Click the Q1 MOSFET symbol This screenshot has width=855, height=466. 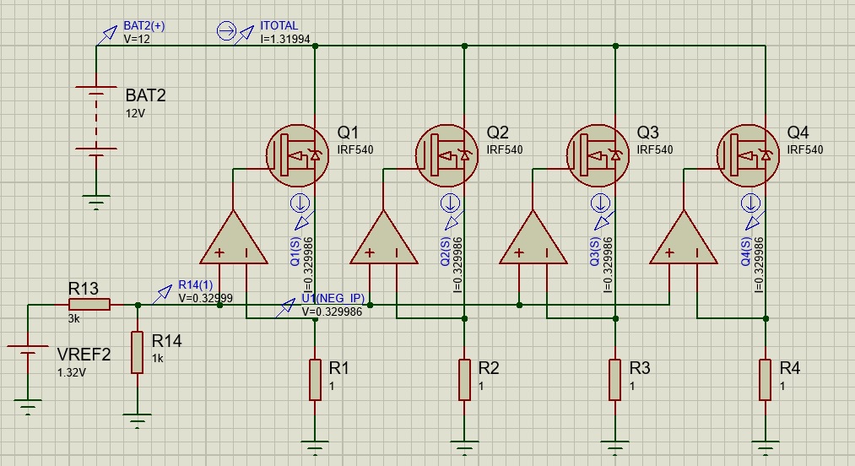tap(297, 155)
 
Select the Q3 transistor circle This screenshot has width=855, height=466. tap(598, 155)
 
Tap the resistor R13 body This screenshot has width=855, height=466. tap(89, 305)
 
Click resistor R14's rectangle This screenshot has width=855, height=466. tap(137, 352)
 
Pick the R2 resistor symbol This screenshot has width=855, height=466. tap(464, 380)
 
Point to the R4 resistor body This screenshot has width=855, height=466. tap(766, 380)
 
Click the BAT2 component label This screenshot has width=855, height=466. tap(145, 95)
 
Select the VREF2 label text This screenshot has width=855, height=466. tap(84, 355)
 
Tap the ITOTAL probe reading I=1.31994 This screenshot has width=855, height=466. tap(285, 40)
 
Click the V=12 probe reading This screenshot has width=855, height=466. tap(137, 40)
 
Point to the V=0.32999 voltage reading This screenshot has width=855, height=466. tap(206, 298)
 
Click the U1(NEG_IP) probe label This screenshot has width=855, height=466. tap(333, 298)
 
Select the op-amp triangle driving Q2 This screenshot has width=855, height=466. tap(384, 238)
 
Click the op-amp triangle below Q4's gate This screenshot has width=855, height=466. tap(684, 238)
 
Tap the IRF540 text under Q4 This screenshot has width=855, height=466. tap(805, 149)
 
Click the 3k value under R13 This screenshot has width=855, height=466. tap(73, 318)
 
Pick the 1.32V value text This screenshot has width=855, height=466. tap(72, 372)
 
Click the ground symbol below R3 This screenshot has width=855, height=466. tap(615, 447)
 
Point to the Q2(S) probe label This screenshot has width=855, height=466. tap(446, 252)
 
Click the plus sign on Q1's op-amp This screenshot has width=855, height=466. tap(219, 252)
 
